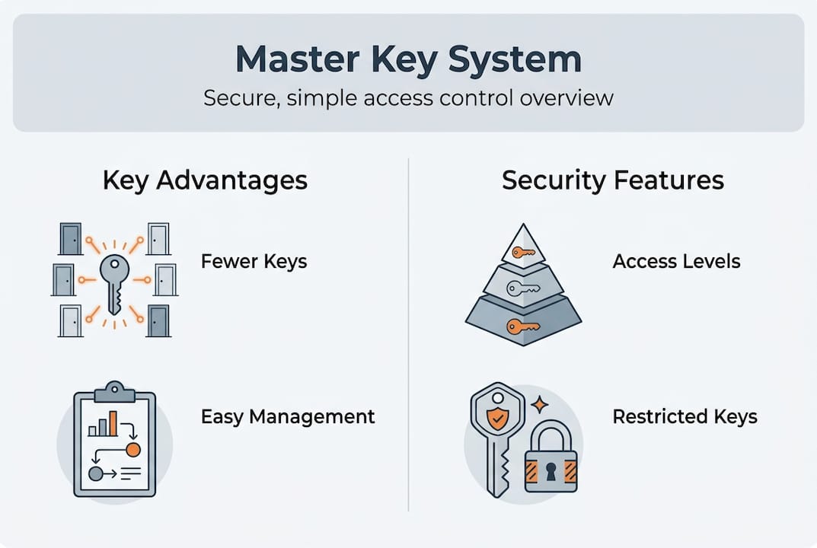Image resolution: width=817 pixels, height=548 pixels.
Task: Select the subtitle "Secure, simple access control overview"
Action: pyautogui.click(x=407, y=98)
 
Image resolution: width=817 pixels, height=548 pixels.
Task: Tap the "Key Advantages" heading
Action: pyautogui.click(x=205, y=180)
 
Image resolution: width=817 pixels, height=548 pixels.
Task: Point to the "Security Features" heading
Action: pyautogui.click(x=612, y=180)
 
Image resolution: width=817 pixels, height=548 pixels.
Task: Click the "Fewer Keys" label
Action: pyautogui.click(x=254, y=262)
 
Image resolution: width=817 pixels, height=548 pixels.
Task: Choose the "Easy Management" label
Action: pyautogui.click(x=288, y=416)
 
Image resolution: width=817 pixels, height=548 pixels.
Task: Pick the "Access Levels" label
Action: pyautogui.click(x=676, y=262)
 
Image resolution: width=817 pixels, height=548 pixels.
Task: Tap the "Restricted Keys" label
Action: pyautogui.click(x=685, y=416)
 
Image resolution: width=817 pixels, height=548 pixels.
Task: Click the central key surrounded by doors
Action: pyautogui.click(x=114, y=282)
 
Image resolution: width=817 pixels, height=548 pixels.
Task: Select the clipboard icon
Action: pyautogui.click(x=114, y=441)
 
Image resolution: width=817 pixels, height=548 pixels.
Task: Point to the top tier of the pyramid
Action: pyautogui.click(x=523, y=247)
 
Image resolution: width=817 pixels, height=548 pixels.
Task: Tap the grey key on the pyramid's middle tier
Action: pyautogui.click(x=523, y=288)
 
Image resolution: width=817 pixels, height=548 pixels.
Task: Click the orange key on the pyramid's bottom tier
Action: pyautogui.click(x=523, y=327)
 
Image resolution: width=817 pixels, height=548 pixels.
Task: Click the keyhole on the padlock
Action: pyautogui.click(x=551, y=473)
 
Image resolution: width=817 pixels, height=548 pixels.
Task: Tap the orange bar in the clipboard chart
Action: pyautogui.click(x=113, y=423)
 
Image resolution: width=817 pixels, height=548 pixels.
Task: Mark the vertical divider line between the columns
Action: pyautogui.click(x=409, y=335)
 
